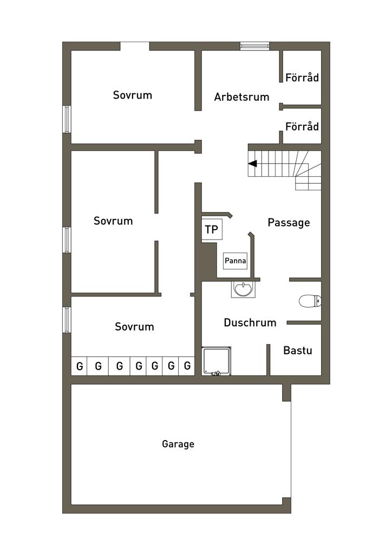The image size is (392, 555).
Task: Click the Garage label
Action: coord(178,444)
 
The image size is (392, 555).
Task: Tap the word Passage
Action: coord(289,223)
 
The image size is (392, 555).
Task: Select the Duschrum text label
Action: coord(250,322)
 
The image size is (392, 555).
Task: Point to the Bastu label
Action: coord(298,351)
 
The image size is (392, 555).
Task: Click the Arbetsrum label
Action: coord(242,96)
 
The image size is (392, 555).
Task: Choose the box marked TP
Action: coord(212,229)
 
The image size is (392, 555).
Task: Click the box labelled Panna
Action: coord(235,261)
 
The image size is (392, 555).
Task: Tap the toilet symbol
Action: coord(310,301)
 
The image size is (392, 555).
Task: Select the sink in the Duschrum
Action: coord(243,289)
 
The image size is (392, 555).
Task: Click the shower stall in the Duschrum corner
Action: coord(217,361)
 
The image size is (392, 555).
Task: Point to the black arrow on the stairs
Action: coord(252,164)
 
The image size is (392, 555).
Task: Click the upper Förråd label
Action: coord(302,78)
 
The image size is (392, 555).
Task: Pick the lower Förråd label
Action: coord(302,126)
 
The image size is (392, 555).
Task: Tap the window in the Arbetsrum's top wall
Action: coord(255,46)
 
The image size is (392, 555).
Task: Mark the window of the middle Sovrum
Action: coord(67,240)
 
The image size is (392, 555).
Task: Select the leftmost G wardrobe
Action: coord(80,366)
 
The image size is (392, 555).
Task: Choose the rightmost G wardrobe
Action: coord(187,366)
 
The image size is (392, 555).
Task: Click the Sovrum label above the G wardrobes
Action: coord(134,326)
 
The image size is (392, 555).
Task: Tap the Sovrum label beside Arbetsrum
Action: coord(133,95)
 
